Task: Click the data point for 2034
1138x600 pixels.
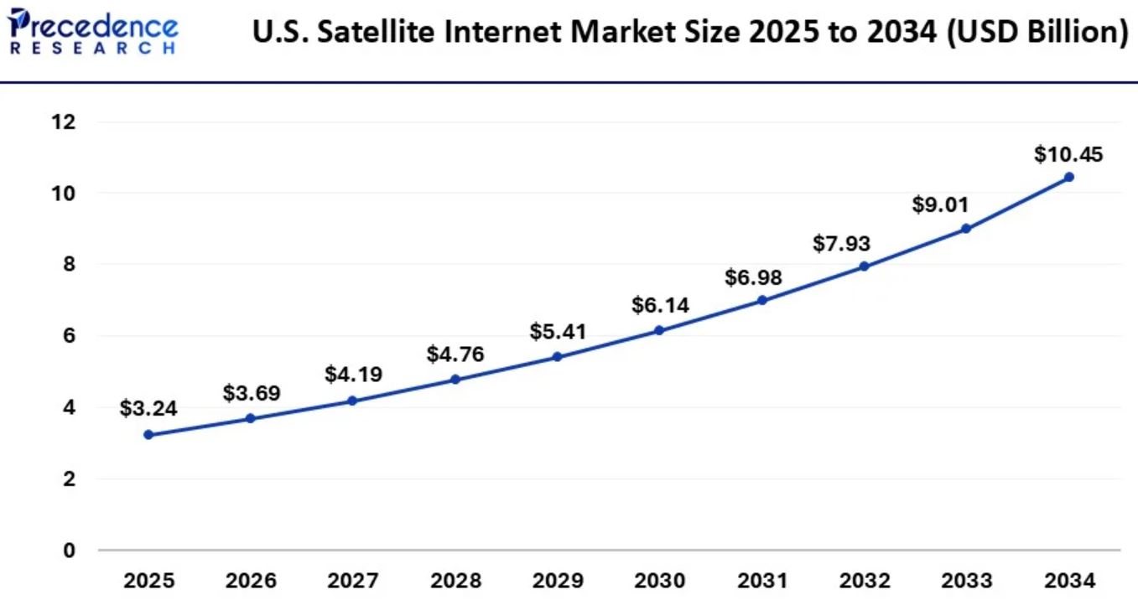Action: pyautogui.click(x=1068, y=177)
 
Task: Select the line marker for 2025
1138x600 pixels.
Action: pyautogui.click(x=148, y=434)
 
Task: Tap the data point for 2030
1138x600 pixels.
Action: pyautogui.click(x=659, y=330)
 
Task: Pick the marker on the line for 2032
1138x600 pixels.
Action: pyautogui.click(x=864, y=266)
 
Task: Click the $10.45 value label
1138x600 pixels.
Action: pyautogui.click(x=1068, y=154)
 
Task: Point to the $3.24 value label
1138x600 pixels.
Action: pyautogui.click(x=148, y=408)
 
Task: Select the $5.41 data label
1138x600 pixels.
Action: pyautogui.click(x=558, y=332)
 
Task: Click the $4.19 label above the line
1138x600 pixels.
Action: pyautogui.click(x=353, y=374)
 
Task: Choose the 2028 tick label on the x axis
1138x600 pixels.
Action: pyautogui.click(x=455, y=580)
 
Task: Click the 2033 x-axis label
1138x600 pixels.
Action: pyautogui.click(x=965, y=580)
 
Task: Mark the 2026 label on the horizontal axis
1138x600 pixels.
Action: pyautogui.click(x=251, y=580)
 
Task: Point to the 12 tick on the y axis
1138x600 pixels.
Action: pyautogui.click(x=63, y=122)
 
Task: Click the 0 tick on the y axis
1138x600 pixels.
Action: pyautogui.click(x=68, y=551)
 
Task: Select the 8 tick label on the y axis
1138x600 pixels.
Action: pyautogui.click(x=68, y=265)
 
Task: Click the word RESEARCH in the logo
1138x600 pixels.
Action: pyautogui.click(x=92, y=49)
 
